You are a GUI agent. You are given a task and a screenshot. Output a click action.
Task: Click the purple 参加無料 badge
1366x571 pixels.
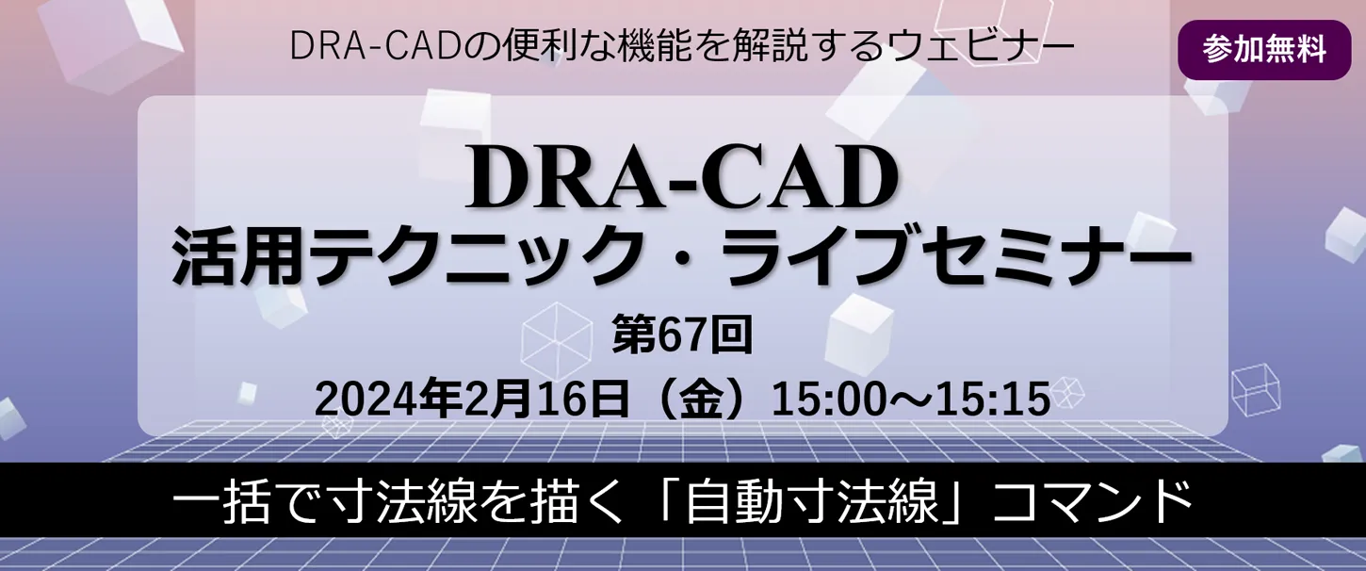tap(1264, 50)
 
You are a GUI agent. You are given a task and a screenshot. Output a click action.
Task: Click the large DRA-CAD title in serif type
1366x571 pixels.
tap(682, 181)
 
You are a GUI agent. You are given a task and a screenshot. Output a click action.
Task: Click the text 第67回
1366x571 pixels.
tap(682, 334)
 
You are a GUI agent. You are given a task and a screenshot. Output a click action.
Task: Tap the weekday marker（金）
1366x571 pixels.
tap(701, 399)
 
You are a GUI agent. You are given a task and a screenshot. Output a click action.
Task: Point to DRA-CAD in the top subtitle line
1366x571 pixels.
tap(374, 46)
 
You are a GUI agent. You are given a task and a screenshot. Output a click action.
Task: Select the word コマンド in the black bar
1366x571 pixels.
tap(1092, 502)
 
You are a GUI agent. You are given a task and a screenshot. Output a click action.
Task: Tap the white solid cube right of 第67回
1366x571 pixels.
tap(858, 334)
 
